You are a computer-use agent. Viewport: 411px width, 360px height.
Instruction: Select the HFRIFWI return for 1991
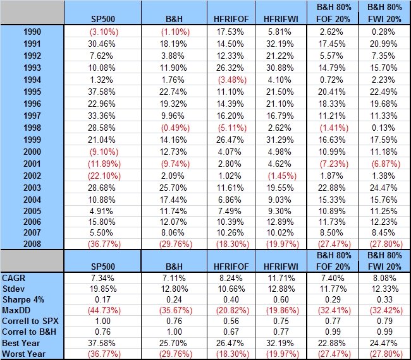coord(276,42)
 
